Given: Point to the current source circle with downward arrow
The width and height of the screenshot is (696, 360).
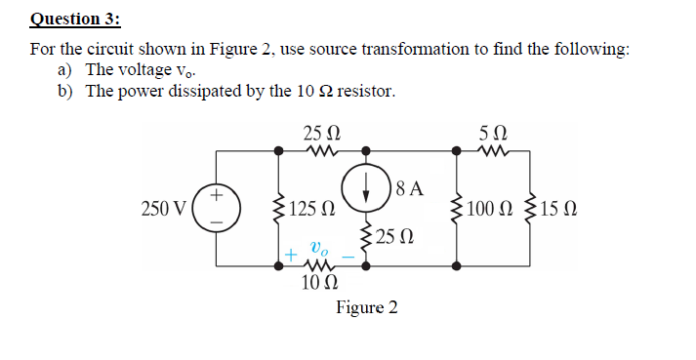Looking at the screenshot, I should [366, 188].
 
